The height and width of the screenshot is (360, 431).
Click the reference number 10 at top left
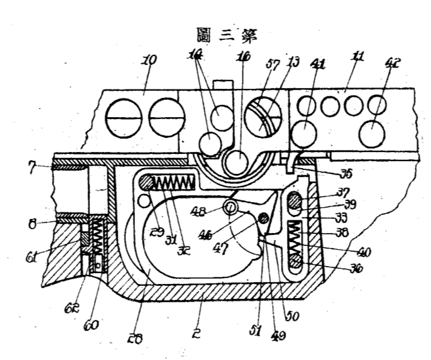tap(149, 62)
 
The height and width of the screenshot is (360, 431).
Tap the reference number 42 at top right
tap(393, 63)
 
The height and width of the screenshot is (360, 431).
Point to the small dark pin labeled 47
tap(262, 220)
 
